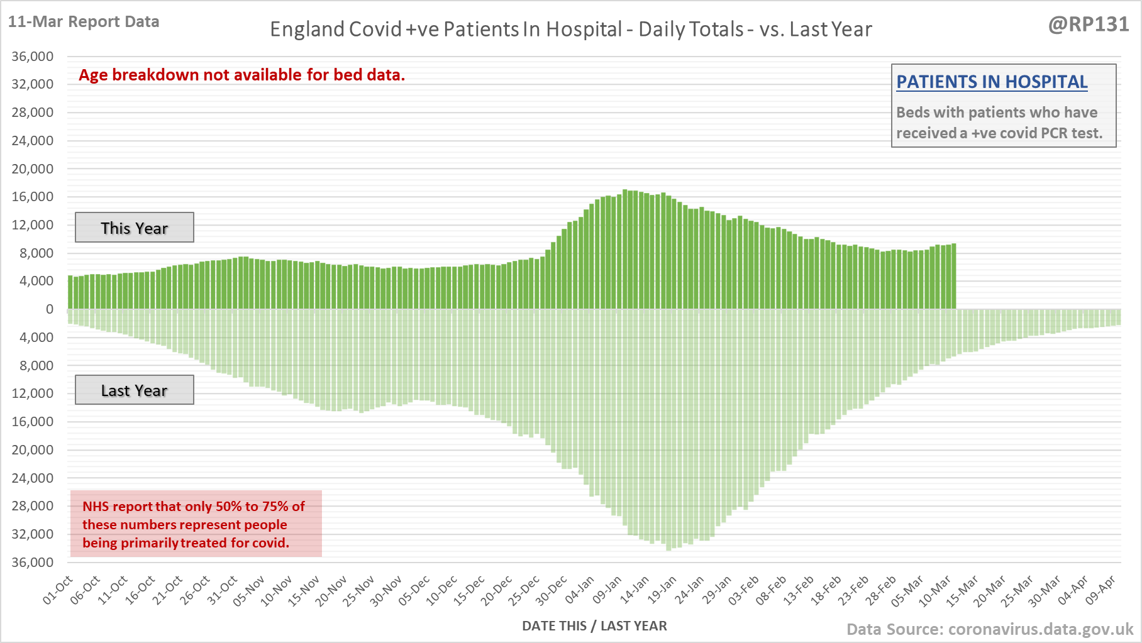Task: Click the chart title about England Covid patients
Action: pos(570,30)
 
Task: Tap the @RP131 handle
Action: pos(1089,25)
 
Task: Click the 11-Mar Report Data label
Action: pos(84,22)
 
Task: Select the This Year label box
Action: pos(135,228)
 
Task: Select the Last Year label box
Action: pos(135,390)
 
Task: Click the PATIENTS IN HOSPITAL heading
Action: pos(992,82)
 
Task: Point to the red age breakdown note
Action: pos(242,75)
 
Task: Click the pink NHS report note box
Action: pos(196,524)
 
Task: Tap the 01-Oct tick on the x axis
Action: pos(58,590)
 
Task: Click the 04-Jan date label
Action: pos(580,590)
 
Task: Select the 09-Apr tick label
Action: pos(1100,590)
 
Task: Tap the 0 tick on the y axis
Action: pos(50,309)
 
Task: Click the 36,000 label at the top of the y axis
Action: pos(33,57)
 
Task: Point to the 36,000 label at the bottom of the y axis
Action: pos(33,562)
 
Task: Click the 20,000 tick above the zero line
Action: pos(33,169)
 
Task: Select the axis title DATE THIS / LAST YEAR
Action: pos(594,626)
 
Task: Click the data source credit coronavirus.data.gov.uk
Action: pos(990,629)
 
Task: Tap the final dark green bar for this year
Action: pos(953,277)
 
